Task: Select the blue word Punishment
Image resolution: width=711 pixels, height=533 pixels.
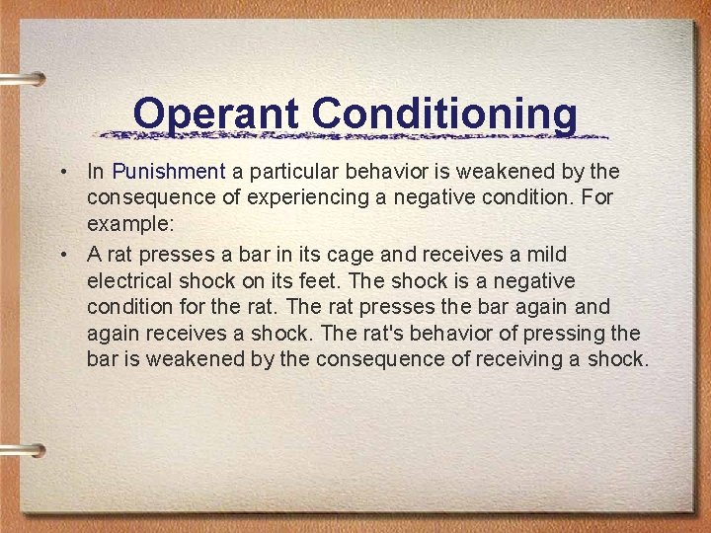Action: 169,172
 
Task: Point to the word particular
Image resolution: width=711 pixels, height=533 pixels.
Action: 291,172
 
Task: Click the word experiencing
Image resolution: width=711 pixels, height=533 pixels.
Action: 313,198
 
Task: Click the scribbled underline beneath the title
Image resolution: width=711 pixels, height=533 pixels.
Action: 355,135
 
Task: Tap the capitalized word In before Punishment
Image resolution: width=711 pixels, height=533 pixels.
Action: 96,172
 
